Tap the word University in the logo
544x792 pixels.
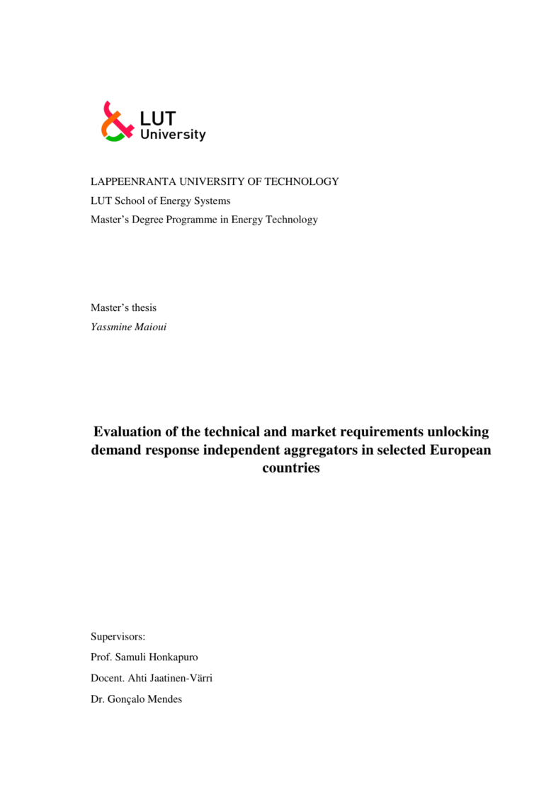(173, 134)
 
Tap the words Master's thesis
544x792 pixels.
(123, 307)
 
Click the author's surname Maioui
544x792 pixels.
(151, 327)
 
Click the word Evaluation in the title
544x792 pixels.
(134, 432)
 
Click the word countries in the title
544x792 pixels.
(291, 469)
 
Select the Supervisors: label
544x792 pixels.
(118, 637)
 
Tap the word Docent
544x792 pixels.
(108, 678)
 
